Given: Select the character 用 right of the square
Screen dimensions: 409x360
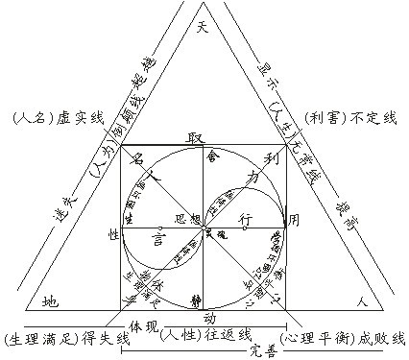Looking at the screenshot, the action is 294,220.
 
